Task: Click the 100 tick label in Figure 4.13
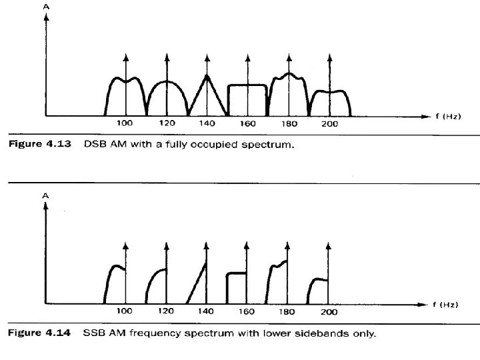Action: [x=125, y=124]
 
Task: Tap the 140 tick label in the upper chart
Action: [x=207, y=124]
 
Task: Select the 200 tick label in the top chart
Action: [x=328, y=124]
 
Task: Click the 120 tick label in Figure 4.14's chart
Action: [x=166, y=311]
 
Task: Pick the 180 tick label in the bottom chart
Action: [x=287, y=311]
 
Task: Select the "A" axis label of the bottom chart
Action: [x=46, y=195]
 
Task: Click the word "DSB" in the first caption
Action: [x=93, y=144]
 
